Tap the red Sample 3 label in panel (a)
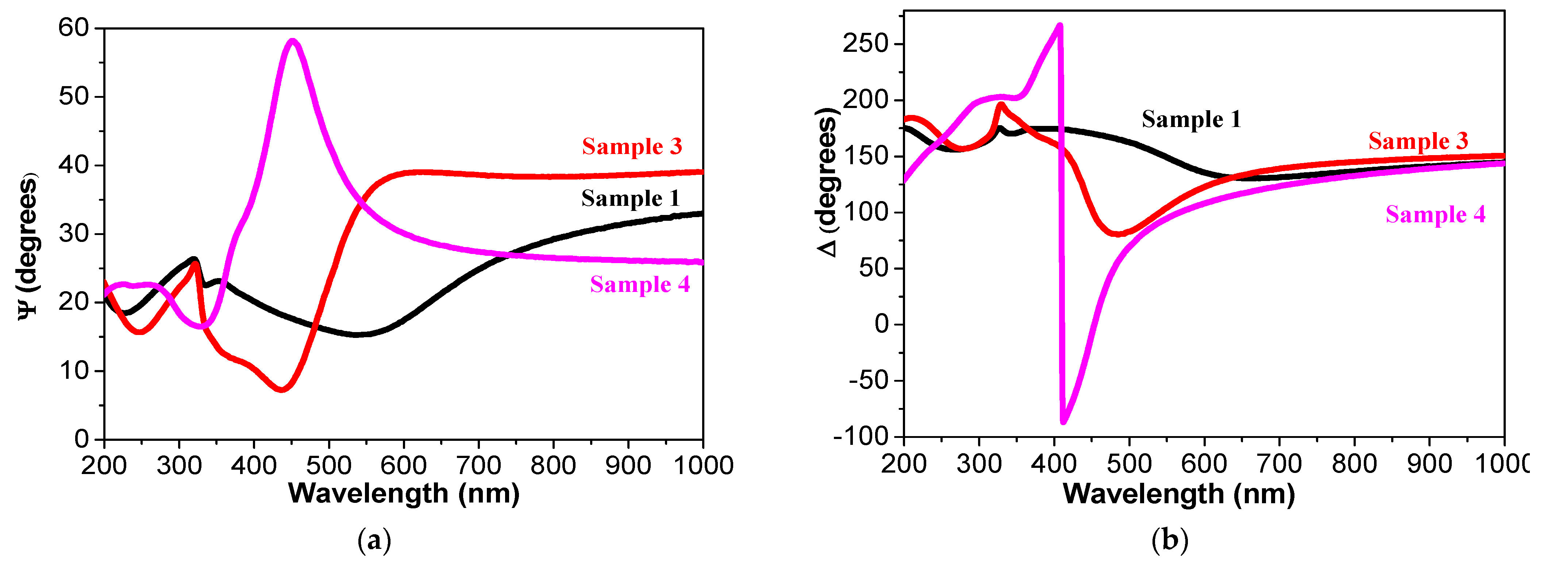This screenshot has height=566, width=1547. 632,146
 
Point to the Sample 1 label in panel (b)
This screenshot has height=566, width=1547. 1191,119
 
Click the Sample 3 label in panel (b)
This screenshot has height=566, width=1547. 1418,141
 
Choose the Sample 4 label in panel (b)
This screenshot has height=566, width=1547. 1435,214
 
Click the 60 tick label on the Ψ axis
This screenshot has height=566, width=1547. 73,28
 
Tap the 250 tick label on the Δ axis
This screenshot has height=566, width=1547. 865,44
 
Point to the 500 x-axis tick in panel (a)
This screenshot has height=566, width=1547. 328,465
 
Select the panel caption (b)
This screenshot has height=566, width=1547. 1169,541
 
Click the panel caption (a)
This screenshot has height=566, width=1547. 374,541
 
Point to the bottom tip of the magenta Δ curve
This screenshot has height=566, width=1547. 1063,422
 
